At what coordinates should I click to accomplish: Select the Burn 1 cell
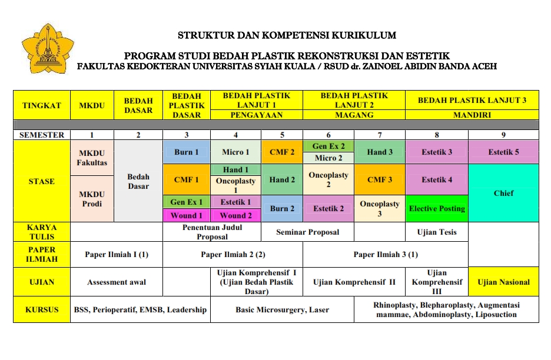pos(187,152)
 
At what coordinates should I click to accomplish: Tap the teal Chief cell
pos(503,193)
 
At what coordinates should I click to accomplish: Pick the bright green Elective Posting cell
pos(437,208)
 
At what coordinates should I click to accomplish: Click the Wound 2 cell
pos(235,215)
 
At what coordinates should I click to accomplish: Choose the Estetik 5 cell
pos(503,152)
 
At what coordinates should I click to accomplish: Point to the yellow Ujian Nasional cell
pos(503,282)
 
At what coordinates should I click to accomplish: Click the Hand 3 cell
pos(380,152)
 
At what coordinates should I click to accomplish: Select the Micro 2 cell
pos(328,158)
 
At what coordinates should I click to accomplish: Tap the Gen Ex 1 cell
pos(187,202)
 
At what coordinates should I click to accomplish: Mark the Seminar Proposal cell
pos(307,232)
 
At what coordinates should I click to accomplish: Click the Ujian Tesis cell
pos(437,232)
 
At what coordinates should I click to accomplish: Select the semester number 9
pos(503,135)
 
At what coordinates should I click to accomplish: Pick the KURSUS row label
pos(42,309)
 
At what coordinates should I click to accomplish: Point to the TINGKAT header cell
pos(42,106)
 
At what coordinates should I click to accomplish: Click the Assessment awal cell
pos(117,282)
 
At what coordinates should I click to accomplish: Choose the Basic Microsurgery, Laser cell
pos(282,309)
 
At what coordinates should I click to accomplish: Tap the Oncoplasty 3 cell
pos(380,208)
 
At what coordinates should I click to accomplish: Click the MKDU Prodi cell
pos(92,199)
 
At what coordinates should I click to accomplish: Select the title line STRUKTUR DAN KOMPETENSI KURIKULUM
pos(287,35)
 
